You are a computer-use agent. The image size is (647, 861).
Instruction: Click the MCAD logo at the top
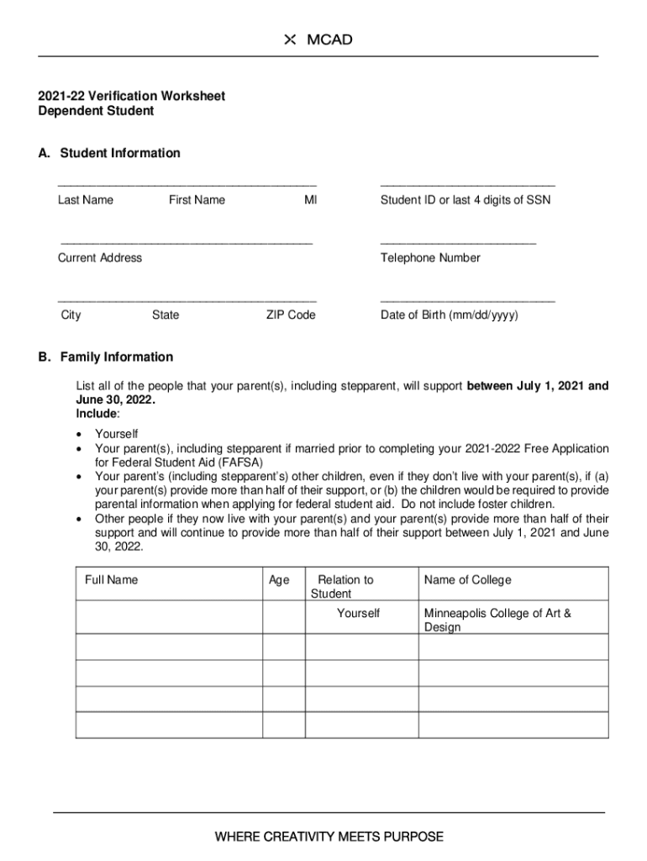pos(318,40)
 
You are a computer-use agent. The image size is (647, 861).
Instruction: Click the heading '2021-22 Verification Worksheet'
pos(131,96)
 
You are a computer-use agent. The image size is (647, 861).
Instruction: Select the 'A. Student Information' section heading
pos(108,153)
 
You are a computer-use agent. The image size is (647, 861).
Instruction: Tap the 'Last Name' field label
pos(85,200)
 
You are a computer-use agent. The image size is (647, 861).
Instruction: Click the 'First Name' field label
pos(197,200)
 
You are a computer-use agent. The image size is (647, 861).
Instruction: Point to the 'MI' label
pos(311,200)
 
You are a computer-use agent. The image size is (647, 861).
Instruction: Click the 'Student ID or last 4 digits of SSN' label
pos(465,200)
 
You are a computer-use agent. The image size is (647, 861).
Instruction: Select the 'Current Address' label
pos(99,258)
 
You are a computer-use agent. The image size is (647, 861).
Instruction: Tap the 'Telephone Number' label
pos(430,258)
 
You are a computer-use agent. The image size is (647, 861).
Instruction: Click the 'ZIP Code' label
pos(291,315)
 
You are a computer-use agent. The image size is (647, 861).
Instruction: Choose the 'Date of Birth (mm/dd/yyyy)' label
pos(449,315)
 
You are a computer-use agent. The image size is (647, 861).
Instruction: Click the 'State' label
pos(166,315)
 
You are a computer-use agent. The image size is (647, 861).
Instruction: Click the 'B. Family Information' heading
pos(105,357)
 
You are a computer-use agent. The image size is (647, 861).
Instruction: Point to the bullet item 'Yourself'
pos(116,434)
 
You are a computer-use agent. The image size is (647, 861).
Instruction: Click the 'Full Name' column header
pos(111,580)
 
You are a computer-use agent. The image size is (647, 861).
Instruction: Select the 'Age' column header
pos(279,580)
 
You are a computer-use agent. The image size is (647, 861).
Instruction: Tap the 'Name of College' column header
pos(467,580)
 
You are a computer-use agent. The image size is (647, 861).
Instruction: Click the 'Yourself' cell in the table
pos(358,614)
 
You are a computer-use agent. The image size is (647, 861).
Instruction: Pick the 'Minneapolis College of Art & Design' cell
pos(497,620)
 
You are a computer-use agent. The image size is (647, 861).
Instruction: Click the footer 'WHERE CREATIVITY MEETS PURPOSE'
pos(329,837)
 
